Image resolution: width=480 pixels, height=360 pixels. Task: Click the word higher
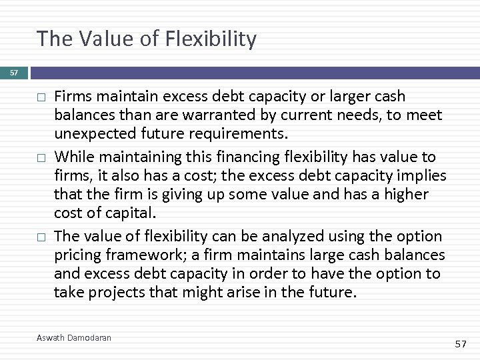tap(405, 195)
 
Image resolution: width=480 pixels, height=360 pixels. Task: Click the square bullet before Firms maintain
tap(41, 97)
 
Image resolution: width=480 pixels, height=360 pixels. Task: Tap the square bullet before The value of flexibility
tap(41, 237)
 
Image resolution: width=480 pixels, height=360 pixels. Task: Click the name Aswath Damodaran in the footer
tap(73, 338)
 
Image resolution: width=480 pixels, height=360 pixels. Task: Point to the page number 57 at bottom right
tap(460, 343)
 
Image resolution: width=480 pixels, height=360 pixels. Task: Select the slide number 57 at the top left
tap(13, 71)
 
